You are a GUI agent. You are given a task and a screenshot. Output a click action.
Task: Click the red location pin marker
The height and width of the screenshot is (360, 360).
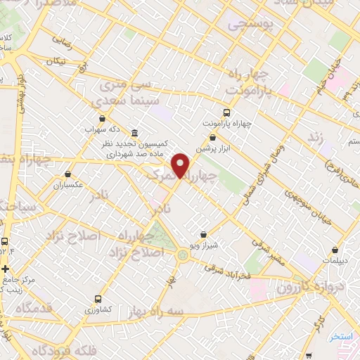click(181, 165)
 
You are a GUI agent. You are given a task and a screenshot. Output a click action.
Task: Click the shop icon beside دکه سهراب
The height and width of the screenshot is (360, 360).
click(103, 118)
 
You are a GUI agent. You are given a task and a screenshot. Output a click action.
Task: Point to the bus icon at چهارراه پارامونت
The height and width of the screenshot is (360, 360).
click(226, 112)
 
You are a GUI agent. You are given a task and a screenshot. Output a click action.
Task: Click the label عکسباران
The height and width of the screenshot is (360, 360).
click(67, 186)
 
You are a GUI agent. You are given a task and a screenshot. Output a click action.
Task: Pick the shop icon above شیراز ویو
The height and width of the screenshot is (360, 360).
click(203, 234)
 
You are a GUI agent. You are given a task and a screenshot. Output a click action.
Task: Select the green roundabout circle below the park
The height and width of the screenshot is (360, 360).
click(184, 256)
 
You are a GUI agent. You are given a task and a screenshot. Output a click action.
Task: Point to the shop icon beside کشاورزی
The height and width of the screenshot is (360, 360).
click(98, 299)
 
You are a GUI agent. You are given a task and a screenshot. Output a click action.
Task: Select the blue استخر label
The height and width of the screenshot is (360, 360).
click(341, 337)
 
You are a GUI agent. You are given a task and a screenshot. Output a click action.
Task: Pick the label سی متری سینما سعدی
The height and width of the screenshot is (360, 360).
click(124, 92)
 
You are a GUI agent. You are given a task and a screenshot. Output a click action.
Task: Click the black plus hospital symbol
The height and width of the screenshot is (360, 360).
click(6, 268)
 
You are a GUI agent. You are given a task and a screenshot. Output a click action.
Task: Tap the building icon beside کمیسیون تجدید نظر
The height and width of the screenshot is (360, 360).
click(134, 133)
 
